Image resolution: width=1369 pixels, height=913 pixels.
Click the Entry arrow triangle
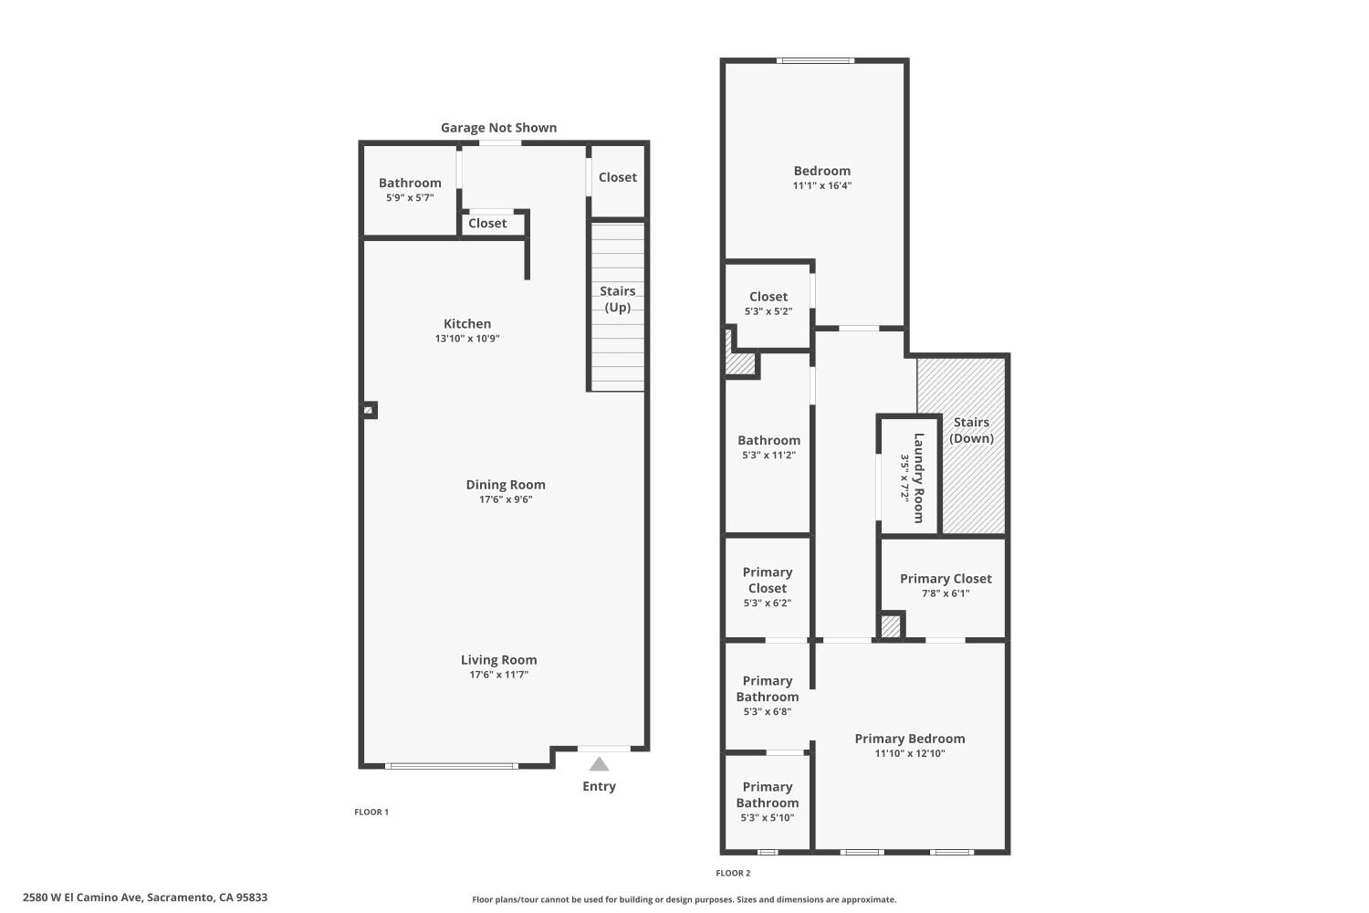point(599,764)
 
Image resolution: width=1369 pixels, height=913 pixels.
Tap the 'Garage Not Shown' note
point(498,128)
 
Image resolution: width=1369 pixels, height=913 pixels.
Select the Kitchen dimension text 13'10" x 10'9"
point(467,339)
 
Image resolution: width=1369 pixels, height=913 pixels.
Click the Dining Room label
point(506,485)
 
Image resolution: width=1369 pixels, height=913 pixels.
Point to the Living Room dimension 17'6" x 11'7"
point(499,675)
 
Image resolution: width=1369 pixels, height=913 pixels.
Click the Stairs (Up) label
point(618,299)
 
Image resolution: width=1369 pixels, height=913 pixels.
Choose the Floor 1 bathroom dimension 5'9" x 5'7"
point(410,197)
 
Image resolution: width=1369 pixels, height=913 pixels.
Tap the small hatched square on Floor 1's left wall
point(369,411)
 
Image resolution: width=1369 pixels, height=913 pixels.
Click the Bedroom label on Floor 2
point(822,171)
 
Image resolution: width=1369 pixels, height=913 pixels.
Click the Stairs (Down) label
point(971,430)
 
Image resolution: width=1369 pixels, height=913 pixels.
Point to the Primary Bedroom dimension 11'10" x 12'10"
point(910,753)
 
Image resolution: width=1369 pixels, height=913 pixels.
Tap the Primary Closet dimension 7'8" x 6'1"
point(946,593)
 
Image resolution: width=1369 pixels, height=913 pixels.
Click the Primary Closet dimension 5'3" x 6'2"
point(768,603)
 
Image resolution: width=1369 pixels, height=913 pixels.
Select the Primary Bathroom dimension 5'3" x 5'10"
point(768,817)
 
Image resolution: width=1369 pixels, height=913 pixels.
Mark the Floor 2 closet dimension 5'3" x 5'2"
point(768,311)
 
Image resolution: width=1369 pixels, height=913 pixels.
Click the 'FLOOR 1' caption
point(371,812)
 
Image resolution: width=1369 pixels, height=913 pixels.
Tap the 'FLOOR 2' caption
point(733,873)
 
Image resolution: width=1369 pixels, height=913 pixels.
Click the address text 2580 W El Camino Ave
point(145,897)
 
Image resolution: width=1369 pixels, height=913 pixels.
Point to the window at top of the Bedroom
point(816,61)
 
